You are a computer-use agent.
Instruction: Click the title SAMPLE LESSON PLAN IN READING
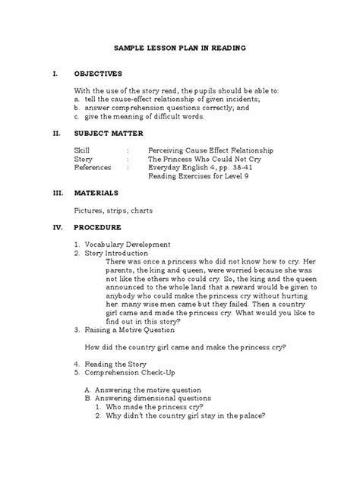(180, 48)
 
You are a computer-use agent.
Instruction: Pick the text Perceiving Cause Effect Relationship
(210, 150)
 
